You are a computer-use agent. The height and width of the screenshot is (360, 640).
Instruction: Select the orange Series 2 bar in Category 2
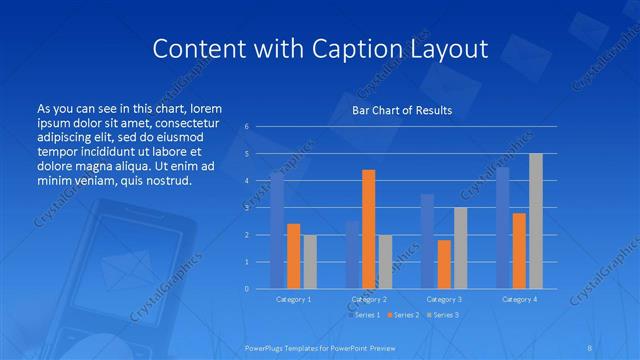click(368, 229)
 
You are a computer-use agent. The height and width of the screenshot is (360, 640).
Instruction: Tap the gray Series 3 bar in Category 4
click(535, 221)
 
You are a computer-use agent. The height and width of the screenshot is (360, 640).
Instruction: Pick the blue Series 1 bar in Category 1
click(277, 230)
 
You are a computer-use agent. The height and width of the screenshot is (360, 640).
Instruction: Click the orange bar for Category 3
click(443, 264)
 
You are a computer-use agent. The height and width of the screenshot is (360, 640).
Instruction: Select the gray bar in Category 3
click(460, 248)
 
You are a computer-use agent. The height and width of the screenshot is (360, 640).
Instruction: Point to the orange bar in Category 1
click(293, 256)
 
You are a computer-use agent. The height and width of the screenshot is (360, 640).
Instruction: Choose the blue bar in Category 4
click(502, 228)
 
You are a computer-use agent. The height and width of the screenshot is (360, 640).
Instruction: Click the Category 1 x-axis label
click(293, 299)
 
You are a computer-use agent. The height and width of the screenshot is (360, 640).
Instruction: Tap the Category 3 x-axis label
click(443, 299)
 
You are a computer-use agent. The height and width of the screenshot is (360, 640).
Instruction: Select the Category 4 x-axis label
click(518, 299)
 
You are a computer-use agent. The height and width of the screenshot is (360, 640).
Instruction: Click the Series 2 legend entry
click(402, 315)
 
